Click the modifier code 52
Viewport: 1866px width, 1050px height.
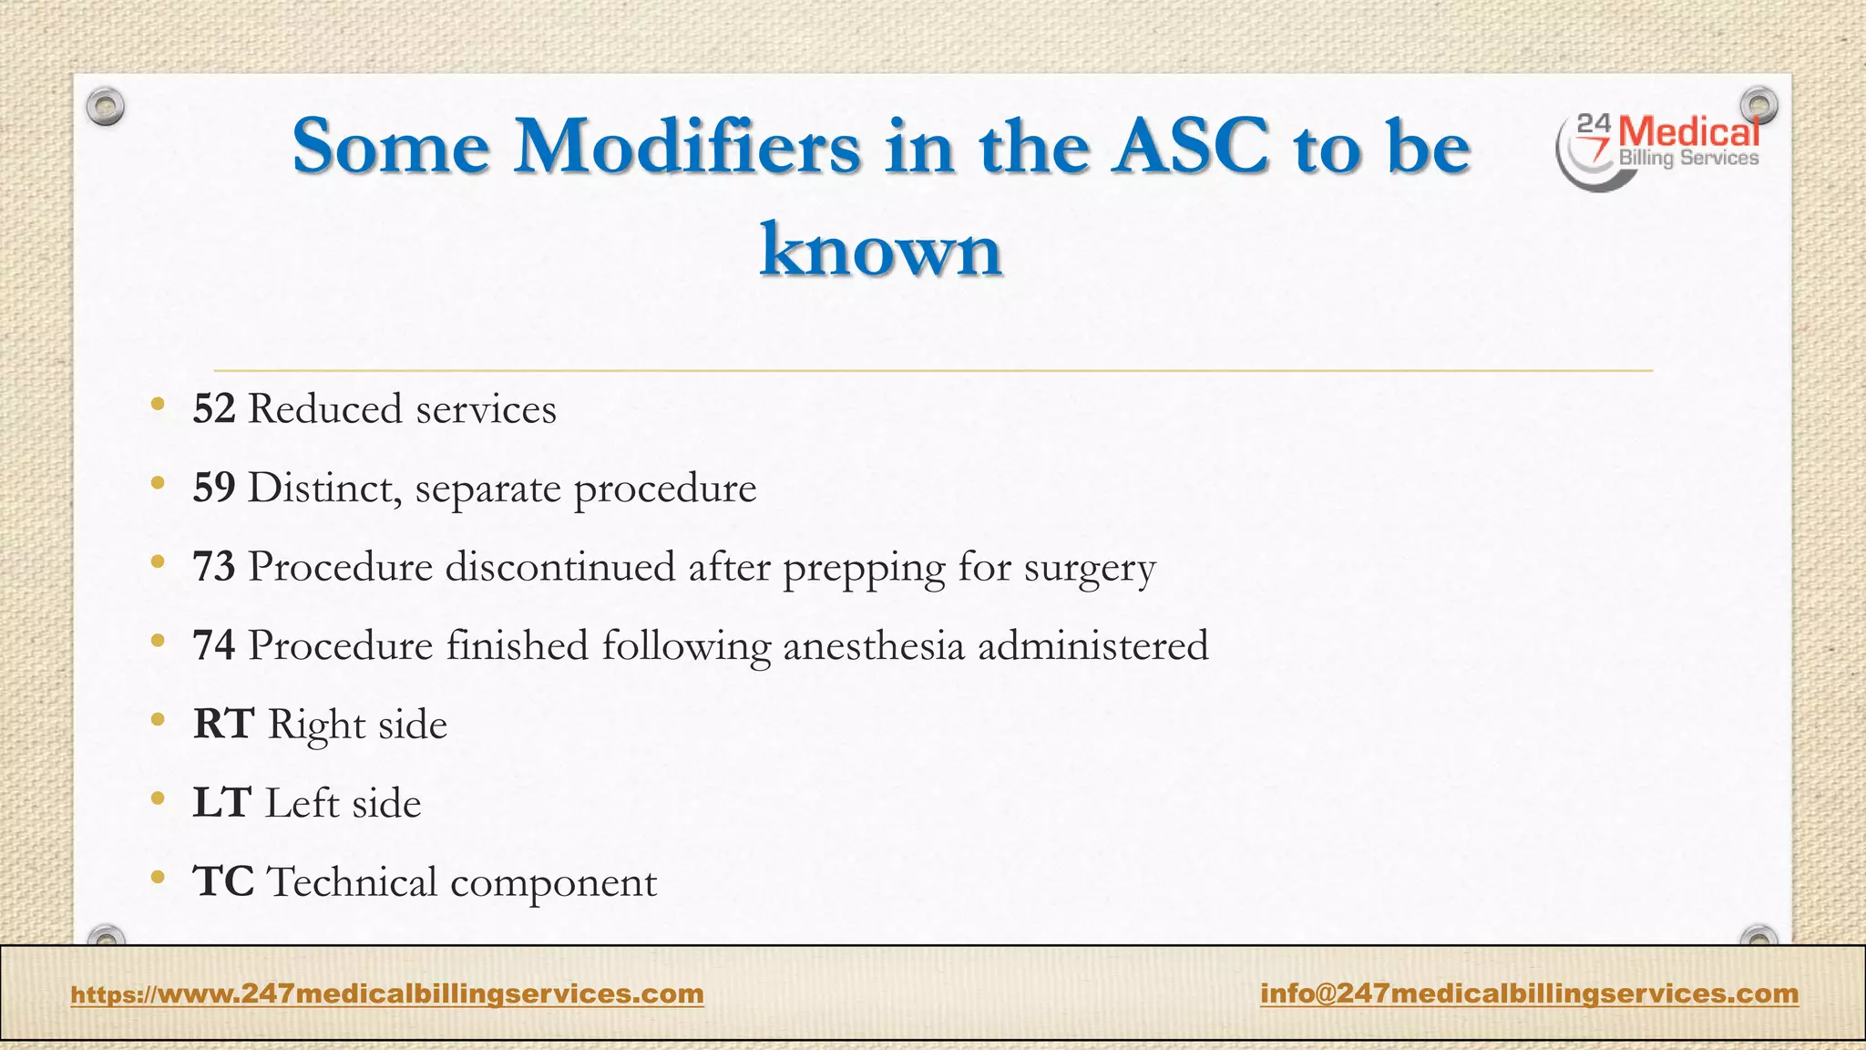pos(214,409)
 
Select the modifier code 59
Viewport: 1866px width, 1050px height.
pos(214,489)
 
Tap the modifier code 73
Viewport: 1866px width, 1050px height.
pos(214,567)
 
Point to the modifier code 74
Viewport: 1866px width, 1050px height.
pos(214,646)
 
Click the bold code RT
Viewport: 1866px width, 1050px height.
pos(223,725)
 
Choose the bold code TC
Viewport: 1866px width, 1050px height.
pos(223,882)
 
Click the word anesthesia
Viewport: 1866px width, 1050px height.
pos(873,646)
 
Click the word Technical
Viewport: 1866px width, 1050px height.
pos(352,882)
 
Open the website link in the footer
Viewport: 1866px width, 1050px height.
pos(387,993)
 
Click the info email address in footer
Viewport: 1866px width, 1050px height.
pos(1529,993)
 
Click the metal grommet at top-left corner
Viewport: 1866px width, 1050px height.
pos(106,108)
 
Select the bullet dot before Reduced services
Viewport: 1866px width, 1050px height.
pos(158,405)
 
